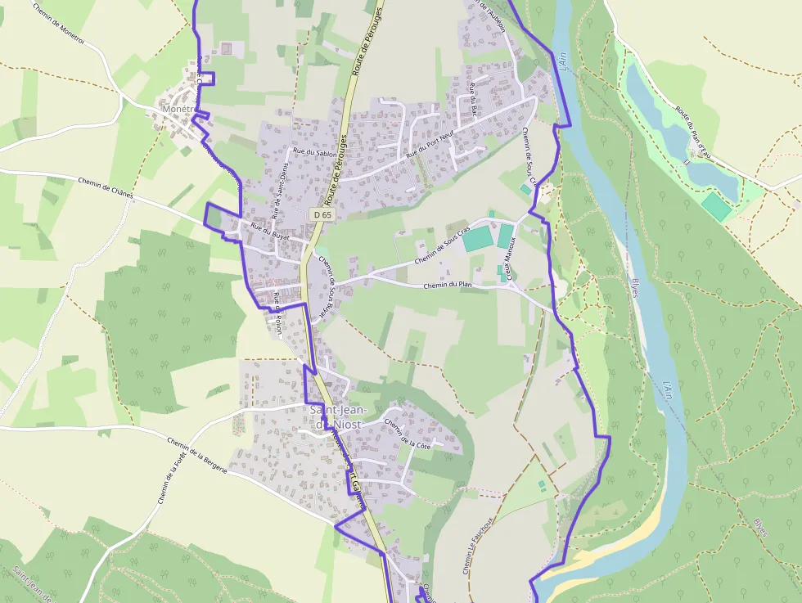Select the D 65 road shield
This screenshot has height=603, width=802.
click(x=322, y=214)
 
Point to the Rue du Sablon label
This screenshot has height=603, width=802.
click(x=313, y=151)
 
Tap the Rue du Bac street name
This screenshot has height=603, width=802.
click(x=473, y=99)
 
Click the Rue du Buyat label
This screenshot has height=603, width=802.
click(x=269, y=231)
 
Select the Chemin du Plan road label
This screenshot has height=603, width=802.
click(x=448, y=286)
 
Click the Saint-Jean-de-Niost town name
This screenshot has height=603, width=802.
click(x=338, y=416)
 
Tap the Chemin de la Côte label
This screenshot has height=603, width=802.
click(x=407, y=434)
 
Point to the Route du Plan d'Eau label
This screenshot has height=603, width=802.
click(x=692, y=131)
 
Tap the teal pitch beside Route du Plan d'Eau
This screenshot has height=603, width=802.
click(x=717, y=206)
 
